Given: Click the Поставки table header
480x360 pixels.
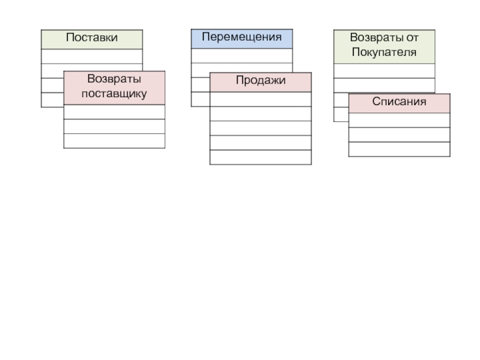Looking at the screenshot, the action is pos(92,39).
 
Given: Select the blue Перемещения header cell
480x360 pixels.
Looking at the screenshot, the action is pos(242,38).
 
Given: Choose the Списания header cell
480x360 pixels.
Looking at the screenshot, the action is pos(399,103).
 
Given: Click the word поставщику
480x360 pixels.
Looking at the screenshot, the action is pos(114,94).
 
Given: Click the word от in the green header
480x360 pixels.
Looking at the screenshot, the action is pos(412,38).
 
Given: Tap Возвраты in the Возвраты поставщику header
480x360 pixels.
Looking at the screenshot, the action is pos(114,80).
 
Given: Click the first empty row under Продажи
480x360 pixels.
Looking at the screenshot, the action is pos(260,99).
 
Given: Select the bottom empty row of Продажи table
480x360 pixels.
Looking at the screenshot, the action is pos(260,157).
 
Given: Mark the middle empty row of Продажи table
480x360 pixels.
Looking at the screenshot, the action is pos(260,128).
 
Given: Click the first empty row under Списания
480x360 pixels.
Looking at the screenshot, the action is pos(399,120).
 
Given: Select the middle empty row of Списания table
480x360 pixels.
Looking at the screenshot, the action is pos(399,134).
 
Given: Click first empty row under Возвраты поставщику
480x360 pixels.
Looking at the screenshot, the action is pos(114,112).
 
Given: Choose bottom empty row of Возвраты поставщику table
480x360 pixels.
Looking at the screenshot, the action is pos(114,140).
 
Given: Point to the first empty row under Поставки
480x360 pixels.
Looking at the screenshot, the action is pos(92,56).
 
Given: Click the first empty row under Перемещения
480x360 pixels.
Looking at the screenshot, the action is pos(242,55).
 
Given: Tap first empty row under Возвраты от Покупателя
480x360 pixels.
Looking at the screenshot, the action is pos(384,70).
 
